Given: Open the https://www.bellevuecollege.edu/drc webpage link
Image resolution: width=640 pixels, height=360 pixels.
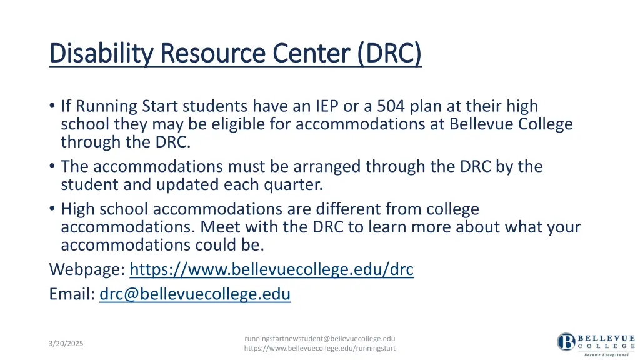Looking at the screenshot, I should [x=271, y=270].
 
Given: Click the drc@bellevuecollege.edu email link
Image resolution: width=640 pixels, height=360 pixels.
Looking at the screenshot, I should [x=195, y=294].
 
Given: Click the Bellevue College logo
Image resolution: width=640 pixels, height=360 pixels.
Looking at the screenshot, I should [x=596, y=343].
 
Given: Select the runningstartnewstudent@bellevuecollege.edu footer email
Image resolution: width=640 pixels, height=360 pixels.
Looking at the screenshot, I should [x=319, y=338].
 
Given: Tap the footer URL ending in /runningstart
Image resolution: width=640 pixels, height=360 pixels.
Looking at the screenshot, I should [x=319, y=348].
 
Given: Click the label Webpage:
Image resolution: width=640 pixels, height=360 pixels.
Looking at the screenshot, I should [x=87, y=270].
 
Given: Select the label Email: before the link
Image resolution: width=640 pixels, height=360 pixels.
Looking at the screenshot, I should [x=72, y=294].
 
